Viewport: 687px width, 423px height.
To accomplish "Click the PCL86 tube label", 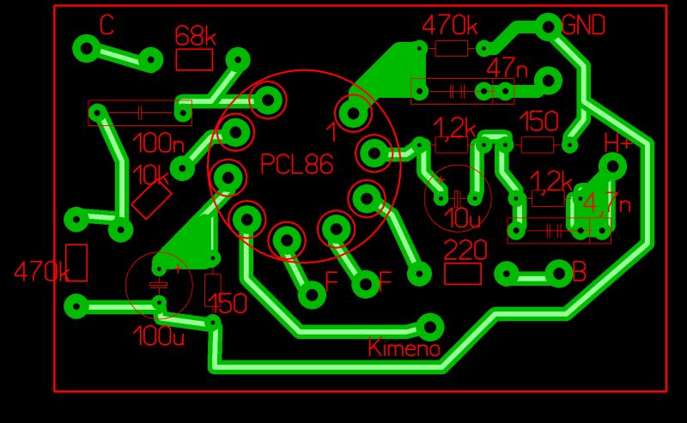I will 296,165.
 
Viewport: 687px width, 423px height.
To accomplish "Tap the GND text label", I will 584,26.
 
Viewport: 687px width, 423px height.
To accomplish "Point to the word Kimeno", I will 404,348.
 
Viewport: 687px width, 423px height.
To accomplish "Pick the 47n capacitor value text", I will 507,66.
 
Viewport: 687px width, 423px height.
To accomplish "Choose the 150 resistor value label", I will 538,121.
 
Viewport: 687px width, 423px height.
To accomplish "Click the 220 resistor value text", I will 465,251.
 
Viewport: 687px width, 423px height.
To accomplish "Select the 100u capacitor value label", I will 159,336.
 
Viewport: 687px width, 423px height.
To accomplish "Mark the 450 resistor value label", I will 227,304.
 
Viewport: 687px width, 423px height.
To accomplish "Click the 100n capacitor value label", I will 158,142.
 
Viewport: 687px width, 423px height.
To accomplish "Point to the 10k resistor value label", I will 151,175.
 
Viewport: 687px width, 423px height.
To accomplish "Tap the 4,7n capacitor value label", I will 606,204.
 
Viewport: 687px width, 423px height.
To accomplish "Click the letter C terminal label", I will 106,26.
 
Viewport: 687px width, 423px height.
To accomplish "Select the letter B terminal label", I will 579,273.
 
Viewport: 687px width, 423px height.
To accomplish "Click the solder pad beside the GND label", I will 548,27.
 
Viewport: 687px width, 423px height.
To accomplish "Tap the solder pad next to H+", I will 612,166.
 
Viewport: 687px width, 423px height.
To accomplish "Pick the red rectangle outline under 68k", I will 194,59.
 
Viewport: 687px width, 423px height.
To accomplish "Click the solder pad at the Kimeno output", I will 429,326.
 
